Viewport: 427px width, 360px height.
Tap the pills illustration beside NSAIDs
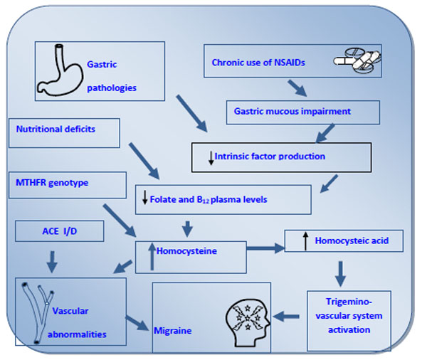pos(357,61)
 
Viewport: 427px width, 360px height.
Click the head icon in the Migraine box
pos(248,323)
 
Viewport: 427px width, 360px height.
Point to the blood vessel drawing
pos(38,312)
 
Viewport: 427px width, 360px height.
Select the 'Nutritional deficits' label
pos(56,129)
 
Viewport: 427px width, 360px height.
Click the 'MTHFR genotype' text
pos(52,183)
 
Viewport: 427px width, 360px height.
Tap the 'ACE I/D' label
pos(60,231)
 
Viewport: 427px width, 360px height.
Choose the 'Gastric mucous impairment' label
pos(292,112)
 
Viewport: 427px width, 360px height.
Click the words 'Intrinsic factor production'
pos(270,157)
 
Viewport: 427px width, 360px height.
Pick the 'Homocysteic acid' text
pos(352,240)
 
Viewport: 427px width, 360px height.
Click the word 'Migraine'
pos(173,331)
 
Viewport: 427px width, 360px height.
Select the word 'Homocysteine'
pos(186,251)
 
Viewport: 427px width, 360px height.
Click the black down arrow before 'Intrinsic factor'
pos(211,158)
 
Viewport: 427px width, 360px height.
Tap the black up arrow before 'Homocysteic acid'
pos(306,241)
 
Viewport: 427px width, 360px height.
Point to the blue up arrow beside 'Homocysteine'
pos(152,256)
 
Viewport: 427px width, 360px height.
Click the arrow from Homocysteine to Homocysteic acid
pos(265,248)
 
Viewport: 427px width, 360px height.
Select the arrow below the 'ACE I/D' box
pos(52,262)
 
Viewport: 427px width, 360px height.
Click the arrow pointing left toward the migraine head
pos(286,317)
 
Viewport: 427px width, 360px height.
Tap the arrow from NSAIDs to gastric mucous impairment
pos(297,88)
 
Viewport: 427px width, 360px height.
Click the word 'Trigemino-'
pos(349,302)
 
